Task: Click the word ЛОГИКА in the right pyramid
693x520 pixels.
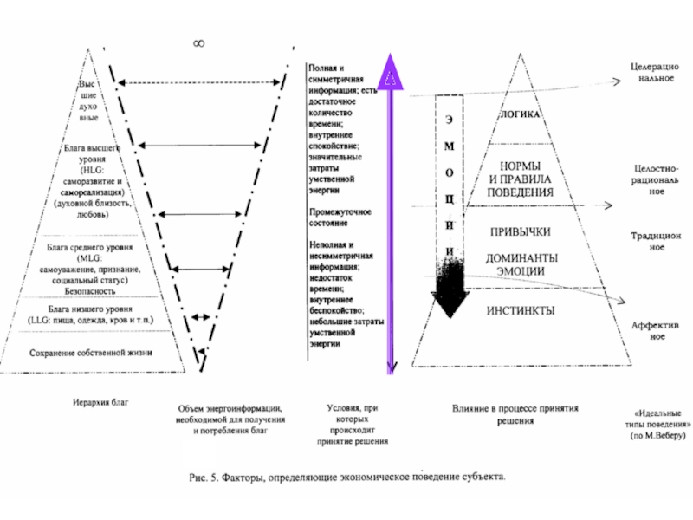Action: tap(521, 114)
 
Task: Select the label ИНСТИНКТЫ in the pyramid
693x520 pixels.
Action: tap(521, 310)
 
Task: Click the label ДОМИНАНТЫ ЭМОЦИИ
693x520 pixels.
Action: tap(521, 264)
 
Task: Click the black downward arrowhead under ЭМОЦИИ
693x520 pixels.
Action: tap(450, 303)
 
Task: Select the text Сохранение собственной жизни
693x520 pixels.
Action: tap(91, 353)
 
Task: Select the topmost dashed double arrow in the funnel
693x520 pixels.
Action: tap(199, 82)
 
